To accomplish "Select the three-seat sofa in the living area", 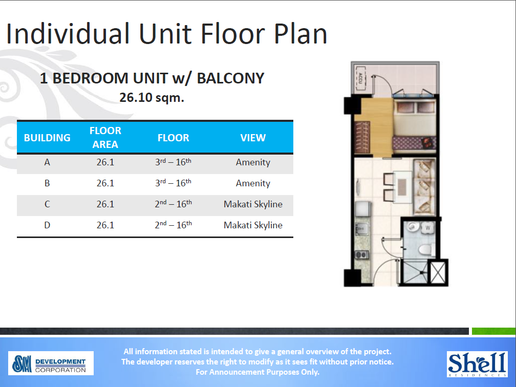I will tap(424, 187).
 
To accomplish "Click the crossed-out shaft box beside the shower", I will tap(438, 272).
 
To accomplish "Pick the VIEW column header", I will tap(253, 138).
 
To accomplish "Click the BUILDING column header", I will tap(47, 138).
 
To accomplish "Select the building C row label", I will tap(47, 204).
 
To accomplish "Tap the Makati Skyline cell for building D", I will tap(253, 225).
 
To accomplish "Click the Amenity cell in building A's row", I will tap(253, 162).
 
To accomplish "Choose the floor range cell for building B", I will tap(173, 183).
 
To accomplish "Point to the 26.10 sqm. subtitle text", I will tap(152, 97).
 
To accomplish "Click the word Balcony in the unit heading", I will tap(231, 78).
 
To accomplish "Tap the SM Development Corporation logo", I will tap(51, 363).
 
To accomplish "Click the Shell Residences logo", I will tap(477, 364).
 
